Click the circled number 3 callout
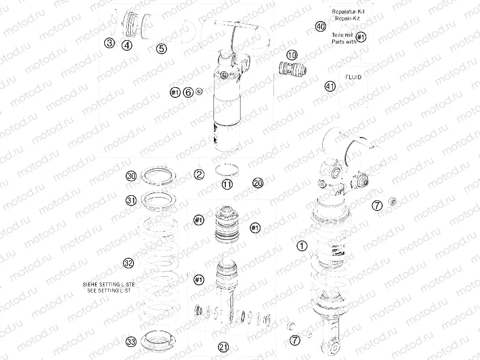tap(109, 42)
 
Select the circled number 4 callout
tap(127, 46)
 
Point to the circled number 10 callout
tap(292, 55)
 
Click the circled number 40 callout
tap(320, 27)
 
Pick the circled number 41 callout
tap(330, 86)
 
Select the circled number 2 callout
tap(199, 174)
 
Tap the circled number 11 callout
tap(227, 185)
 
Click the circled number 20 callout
tap(258, 183)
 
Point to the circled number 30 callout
tap(131, 177)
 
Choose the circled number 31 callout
tap(131, 200)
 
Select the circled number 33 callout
tap(131, 341)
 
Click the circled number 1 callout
tap(302, 246)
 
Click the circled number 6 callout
tap(188, 92)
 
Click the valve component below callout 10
tap(293, 71)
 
